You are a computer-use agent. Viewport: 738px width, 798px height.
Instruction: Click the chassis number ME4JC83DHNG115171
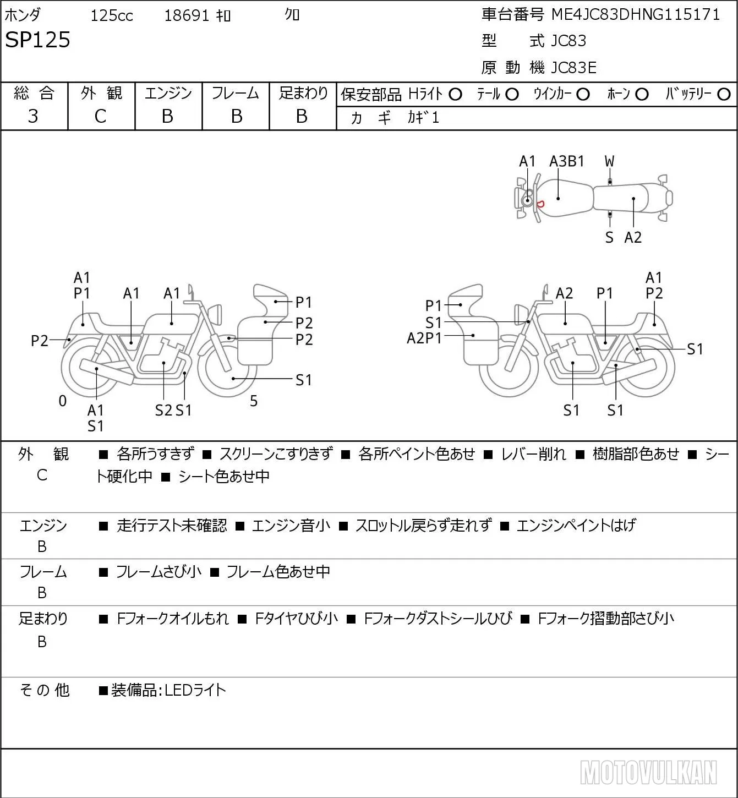[636, 15]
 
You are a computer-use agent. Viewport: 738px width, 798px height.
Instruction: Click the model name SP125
[37, 40]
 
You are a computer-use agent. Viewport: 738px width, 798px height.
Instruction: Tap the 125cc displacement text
[111, 15]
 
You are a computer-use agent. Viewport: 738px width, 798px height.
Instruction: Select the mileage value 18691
[187, 15]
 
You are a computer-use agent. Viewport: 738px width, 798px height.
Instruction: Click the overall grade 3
[33, 117]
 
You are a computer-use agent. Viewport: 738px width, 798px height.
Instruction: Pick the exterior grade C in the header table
[100, 117]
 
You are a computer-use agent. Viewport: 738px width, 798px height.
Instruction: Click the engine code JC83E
[573, 68]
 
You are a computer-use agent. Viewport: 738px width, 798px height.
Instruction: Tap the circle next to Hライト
[455, 95]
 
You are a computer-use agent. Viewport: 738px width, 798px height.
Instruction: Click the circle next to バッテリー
[724, 95]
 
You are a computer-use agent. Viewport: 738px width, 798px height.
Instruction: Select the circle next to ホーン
[642, 95]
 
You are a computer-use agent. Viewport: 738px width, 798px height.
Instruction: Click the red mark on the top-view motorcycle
[540, 204]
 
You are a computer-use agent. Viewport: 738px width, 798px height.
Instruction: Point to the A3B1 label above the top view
[566, 162]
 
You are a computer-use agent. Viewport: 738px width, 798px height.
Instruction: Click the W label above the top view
[609, 162]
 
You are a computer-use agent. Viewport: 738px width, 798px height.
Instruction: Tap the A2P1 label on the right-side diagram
[424, 338]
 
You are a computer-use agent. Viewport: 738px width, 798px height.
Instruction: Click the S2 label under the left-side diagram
[163, 410]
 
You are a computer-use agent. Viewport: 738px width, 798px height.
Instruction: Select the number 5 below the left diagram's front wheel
[254, 401]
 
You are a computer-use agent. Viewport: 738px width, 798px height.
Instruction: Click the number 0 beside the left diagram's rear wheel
[62, 401]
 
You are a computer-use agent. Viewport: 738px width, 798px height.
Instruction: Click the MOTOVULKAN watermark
[648, 773]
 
